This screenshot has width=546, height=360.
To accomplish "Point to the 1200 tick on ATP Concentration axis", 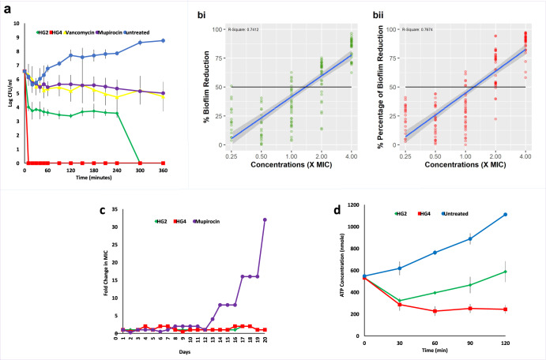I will [x=354, y=207].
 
